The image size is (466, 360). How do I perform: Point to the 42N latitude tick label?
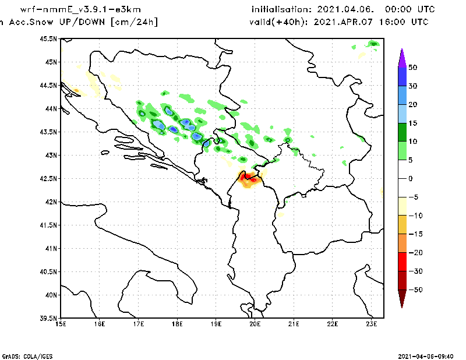tap(51, 202)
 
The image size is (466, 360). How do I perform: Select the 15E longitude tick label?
tap(60, 324)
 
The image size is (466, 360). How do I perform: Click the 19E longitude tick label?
tap(216, 324)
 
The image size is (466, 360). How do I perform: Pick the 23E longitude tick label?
tap(372, 324)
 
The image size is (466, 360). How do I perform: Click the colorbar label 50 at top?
tap(412, 68)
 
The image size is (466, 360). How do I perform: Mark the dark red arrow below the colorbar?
tap(402, 299)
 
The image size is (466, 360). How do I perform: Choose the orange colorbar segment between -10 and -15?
tap(402, 224)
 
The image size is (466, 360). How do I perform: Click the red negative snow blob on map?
tap(247, 176)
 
